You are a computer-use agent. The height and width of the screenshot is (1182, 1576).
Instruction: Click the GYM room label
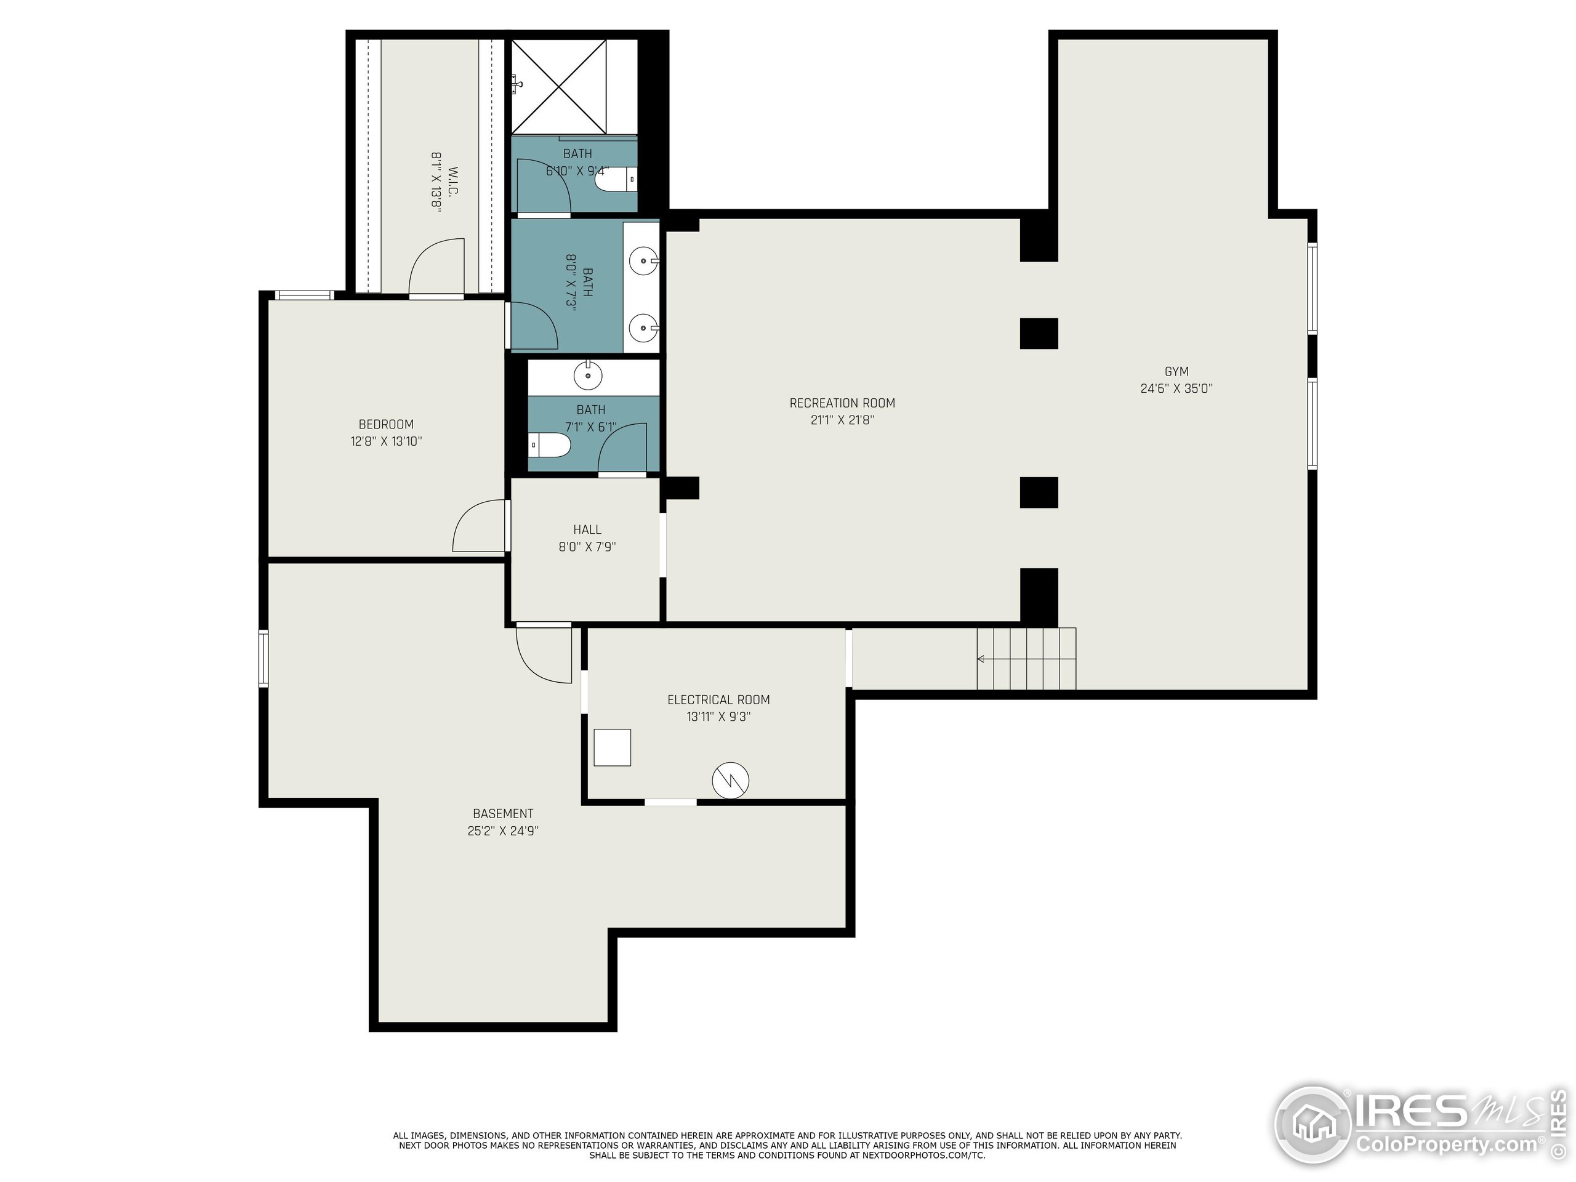pos(1176,371)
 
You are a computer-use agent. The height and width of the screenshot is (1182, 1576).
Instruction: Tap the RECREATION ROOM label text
pos(842,403)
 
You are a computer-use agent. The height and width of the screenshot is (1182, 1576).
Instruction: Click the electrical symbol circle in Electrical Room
pos(730,780)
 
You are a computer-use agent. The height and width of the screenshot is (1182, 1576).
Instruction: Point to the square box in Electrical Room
pos(612,747)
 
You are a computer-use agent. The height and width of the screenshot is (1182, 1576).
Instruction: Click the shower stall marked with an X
pos(559,86)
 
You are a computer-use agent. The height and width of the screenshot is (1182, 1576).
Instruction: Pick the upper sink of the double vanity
pos(643,261)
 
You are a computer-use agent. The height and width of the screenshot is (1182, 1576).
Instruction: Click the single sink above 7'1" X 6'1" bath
pos(588,375)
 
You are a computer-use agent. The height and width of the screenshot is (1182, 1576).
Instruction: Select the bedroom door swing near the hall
pos(480,526)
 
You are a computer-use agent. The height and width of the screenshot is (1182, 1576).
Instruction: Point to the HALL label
pos(587,529)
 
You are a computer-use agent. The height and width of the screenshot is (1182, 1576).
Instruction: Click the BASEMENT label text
pos(503,814)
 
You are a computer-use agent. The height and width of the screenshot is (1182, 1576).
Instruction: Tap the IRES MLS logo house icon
pos(1313,1127)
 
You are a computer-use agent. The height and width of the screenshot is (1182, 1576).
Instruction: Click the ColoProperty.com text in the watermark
pos(1446,1146)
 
